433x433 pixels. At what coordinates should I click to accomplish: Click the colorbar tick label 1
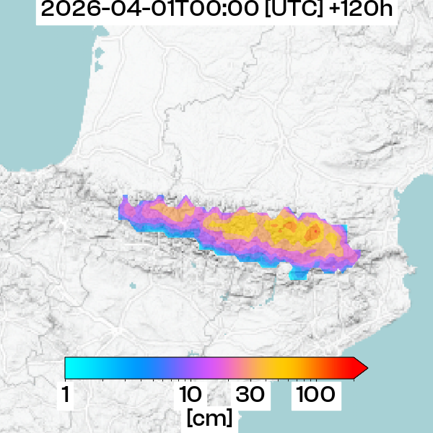click(66, 395)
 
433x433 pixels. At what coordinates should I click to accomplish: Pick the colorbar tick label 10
click(190, 395)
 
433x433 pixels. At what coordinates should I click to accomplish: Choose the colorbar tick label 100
click(314, 395)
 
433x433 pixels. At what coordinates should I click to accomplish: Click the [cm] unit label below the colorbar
click(209, 417)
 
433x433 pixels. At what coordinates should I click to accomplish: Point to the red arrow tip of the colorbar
click(363, 368)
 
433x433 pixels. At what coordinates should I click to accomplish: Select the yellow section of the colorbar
click(289, 368)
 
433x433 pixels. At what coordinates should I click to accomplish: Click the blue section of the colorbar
click(144, 368)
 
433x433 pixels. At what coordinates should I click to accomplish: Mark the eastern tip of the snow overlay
click(359, 254)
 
